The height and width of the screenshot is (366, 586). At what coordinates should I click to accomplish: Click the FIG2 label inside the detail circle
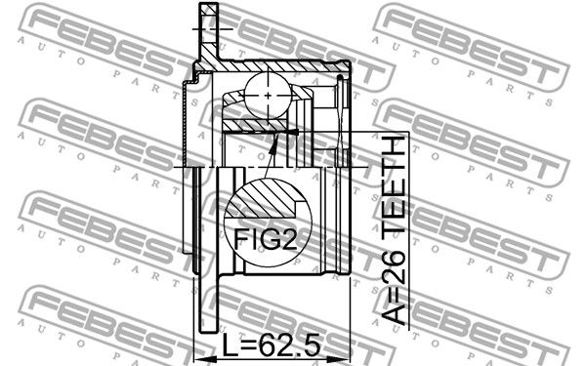265,239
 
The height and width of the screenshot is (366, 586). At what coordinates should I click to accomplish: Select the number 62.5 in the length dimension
290,345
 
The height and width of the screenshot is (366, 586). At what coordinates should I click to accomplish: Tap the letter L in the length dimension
230,345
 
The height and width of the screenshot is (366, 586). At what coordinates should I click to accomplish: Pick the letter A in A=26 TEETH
394,312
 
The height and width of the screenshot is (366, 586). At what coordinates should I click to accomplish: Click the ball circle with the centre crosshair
268,95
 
